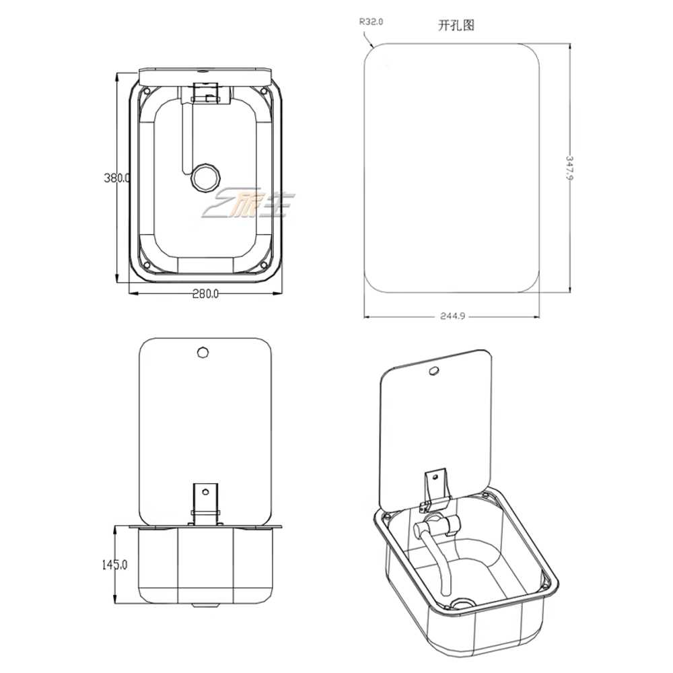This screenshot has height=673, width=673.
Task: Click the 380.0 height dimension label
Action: point(116,177)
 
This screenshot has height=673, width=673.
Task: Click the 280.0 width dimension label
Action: point(205,293)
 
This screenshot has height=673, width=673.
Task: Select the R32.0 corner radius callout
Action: point(371,22)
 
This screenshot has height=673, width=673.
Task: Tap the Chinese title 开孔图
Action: point(456,26)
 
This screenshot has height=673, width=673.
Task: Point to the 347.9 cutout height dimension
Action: point(569,168)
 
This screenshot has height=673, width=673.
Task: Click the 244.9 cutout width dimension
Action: point(452,316)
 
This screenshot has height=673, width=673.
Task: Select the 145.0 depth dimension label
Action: point(114,565)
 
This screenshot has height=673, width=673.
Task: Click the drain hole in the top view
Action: point(205,177)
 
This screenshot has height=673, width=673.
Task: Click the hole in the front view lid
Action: point(203,353)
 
